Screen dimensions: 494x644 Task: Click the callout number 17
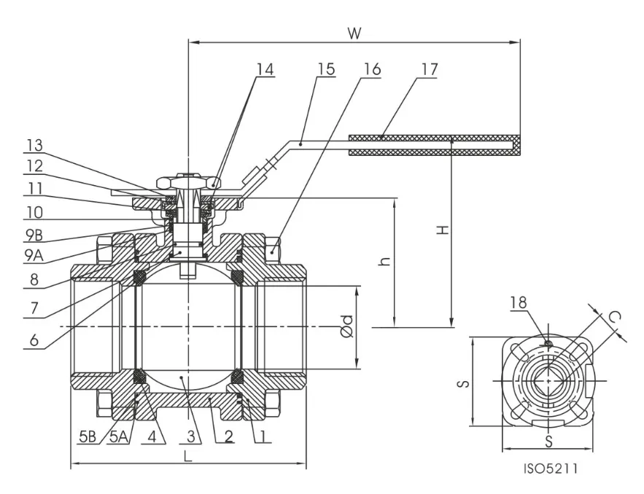click(430, 70)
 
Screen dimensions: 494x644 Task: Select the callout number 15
click(326, 70)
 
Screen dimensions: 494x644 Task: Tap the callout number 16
click(372, 70)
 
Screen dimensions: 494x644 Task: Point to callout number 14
click(265, 70)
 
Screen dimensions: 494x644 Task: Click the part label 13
click(34, 144)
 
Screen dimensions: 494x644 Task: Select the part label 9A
click(34, 256)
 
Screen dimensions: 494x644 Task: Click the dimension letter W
click(355, 33)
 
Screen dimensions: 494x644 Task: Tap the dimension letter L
click(187, 456)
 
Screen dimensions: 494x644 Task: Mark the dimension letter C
click(615, 317)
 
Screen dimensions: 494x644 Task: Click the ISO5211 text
click(551, 468)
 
